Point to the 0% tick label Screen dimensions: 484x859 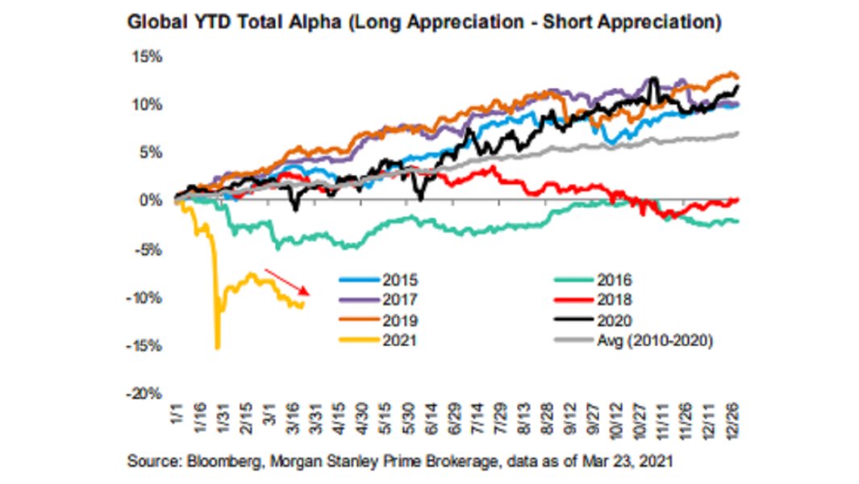152,201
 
